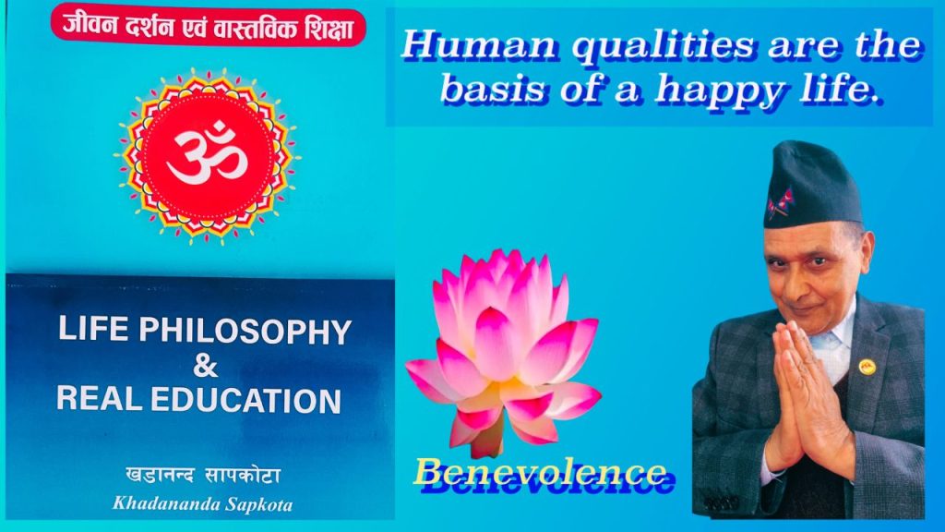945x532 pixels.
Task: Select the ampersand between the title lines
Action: tap(205, 366)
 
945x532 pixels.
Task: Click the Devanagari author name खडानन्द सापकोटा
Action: tap(202, 477)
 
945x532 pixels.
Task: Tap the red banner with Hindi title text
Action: tap(209, 26)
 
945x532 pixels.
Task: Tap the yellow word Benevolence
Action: tap(540, 472)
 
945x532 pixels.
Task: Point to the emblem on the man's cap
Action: tap(783, 204)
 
